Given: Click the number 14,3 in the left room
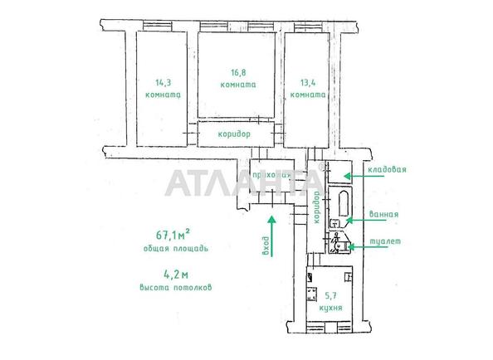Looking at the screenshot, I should click(162, 82).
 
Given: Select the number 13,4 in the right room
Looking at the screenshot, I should click(308, 82).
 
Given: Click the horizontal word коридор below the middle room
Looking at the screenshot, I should click(234, 134).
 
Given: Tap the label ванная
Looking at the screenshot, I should click(385, 214).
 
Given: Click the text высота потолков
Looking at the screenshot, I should click(176, 287).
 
